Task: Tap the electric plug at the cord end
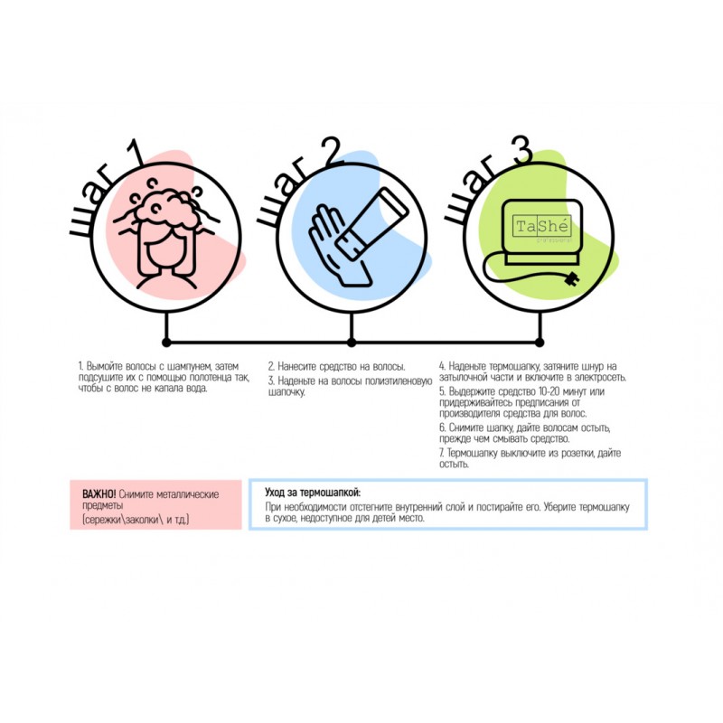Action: (571, 278)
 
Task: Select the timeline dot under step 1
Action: (166, 343)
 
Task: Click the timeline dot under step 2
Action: (352, 343)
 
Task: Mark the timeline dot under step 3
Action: (540, 343)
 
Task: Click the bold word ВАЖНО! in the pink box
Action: (99, 494)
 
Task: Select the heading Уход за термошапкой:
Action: (313, 493)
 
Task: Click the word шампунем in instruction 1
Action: (189, 367)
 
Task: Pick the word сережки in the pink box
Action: (105, 521)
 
